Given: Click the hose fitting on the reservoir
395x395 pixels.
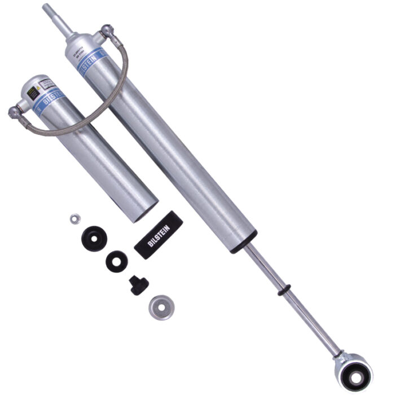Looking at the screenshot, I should [x=13, y=111].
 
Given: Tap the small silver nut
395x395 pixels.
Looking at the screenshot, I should [x=73, y=218].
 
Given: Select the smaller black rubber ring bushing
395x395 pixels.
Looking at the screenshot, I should [x=117, y=261].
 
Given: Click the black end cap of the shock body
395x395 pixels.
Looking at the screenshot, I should [x=243, y=242].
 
